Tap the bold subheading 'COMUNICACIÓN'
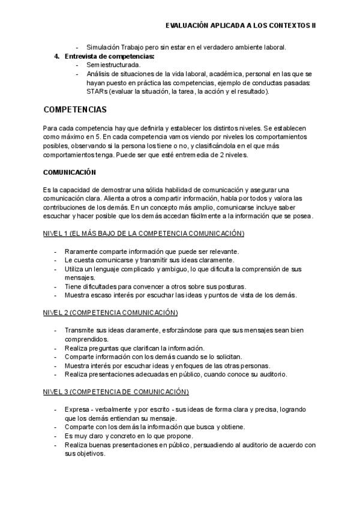[70, 172]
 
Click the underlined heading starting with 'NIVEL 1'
[135, 232]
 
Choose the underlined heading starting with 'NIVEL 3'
[116, 392]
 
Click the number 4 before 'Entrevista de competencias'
[56, 56]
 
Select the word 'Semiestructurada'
[114, 64]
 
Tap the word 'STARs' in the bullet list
[98, 91]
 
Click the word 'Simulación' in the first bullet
[103, 47]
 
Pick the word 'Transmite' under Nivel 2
[79, 330]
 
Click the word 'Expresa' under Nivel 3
[76, 409]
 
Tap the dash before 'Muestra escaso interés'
[56, 295]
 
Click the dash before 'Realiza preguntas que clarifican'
[56, 348]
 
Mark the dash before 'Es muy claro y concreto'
[56, 436]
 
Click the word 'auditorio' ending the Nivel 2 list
[274, 375]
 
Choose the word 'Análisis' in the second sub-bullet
[100, 73]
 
